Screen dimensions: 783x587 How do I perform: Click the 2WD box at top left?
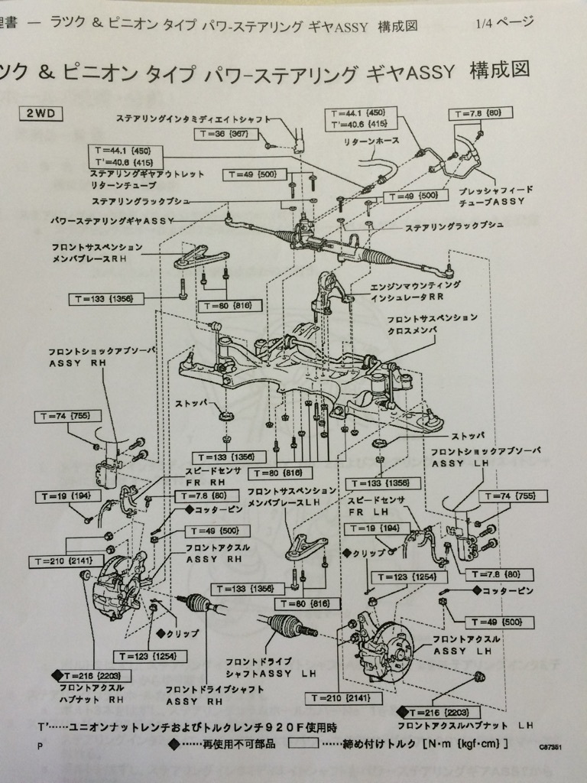(41, 113)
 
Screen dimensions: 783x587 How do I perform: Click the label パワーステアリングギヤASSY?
(112, 220)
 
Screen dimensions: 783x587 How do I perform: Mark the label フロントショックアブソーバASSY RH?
(102, 357)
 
